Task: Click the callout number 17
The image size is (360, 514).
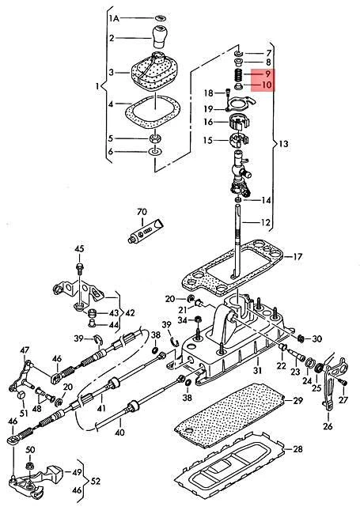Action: pyautogui.click(x=297, y=257)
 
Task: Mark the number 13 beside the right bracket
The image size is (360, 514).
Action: pyautogui.click(x=283, y=144)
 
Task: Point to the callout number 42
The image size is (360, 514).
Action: pyautogui.click(x=130, y=312)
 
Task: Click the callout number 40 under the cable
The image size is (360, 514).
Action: pyautogui.click(x=119, y=433)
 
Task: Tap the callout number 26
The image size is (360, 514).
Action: pyautogui.click(x=328, y=428)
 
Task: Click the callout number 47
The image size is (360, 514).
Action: pyautogui.click(x=25, y=350)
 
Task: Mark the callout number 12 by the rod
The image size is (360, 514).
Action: pyautogui.click(x=267, y=222)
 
